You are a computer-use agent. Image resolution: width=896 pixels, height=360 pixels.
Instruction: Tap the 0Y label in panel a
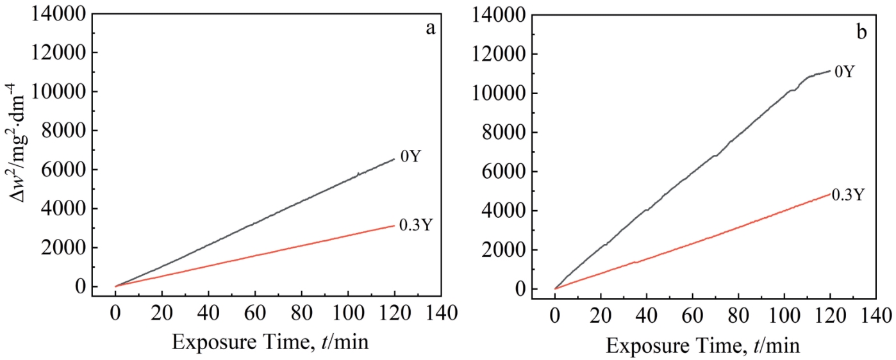point(411,156)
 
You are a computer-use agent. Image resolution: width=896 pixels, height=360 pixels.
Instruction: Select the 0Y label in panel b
point(845,71)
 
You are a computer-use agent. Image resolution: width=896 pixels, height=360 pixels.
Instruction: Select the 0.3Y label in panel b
point(850,195)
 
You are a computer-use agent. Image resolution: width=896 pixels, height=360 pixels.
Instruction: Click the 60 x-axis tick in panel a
point(254,315)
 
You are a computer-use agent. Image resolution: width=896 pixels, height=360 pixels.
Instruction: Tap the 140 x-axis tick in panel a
point(440,315)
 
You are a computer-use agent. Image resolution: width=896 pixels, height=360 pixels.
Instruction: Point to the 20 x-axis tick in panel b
point(601,316)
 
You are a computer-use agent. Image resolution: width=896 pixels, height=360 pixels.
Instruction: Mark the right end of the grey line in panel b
point(830,70)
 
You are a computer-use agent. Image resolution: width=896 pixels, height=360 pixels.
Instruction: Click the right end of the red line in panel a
point(394,225)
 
